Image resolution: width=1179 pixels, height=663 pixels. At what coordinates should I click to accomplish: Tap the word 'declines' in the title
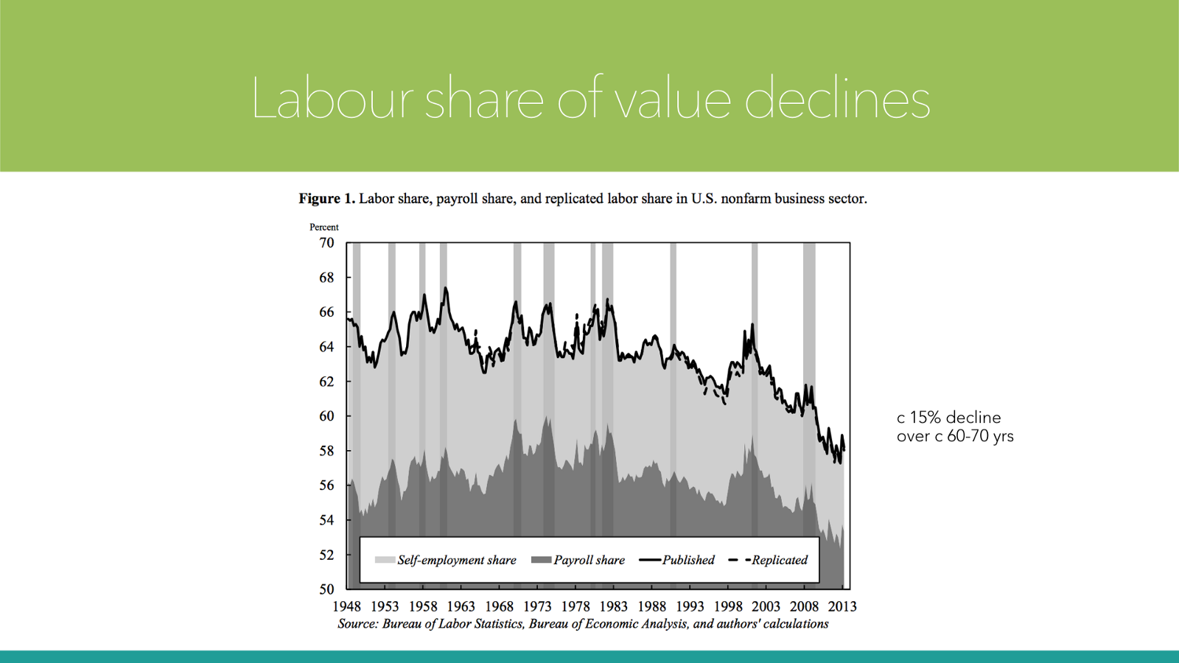click(x=837, y=99)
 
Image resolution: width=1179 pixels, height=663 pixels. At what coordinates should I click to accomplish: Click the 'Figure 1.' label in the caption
click(x=326, y=199)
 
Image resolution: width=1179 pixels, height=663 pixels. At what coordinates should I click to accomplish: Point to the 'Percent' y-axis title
click(x=324, y=227)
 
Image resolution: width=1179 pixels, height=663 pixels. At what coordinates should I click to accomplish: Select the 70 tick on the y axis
click(x=326, y=243)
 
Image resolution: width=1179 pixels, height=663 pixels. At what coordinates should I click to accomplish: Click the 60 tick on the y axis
click(x=326, y=416)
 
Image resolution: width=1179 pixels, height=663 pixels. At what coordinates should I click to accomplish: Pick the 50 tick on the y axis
click(x=326, y=589)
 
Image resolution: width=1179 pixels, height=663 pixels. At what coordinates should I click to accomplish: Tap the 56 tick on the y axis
click(x=326, y=485)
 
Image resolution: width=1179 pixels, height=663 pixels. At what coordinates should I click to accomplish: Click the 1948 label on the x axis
click(x=346, y=606)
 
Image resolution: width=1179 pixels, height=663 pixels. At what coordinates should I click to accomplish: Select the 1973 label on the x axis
click(x=537, y=606)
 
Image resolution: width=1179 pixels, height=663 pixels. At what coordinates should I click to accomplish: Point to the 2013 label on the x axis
click(x=842, y=606)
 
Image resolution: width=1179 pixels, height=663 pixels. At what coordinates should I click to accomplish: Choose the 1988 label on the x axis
click(x=651, y=606)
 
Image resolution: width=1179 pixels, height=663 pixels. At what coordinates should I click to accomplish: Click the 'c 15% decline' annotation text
click(x=948, y=418)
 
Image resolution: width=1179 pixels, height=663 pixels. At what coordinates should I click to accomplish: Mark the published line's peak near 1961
click(x=445, y=289)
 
